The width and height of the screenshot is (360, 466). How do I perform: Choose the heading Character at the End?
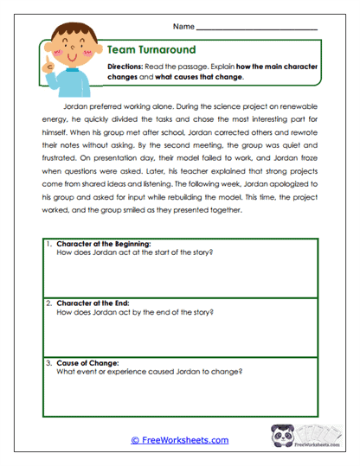click(x=91, y=304)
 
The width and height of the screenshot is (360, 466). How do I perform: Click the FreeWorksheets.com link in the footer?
click(x=179, y=440)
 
